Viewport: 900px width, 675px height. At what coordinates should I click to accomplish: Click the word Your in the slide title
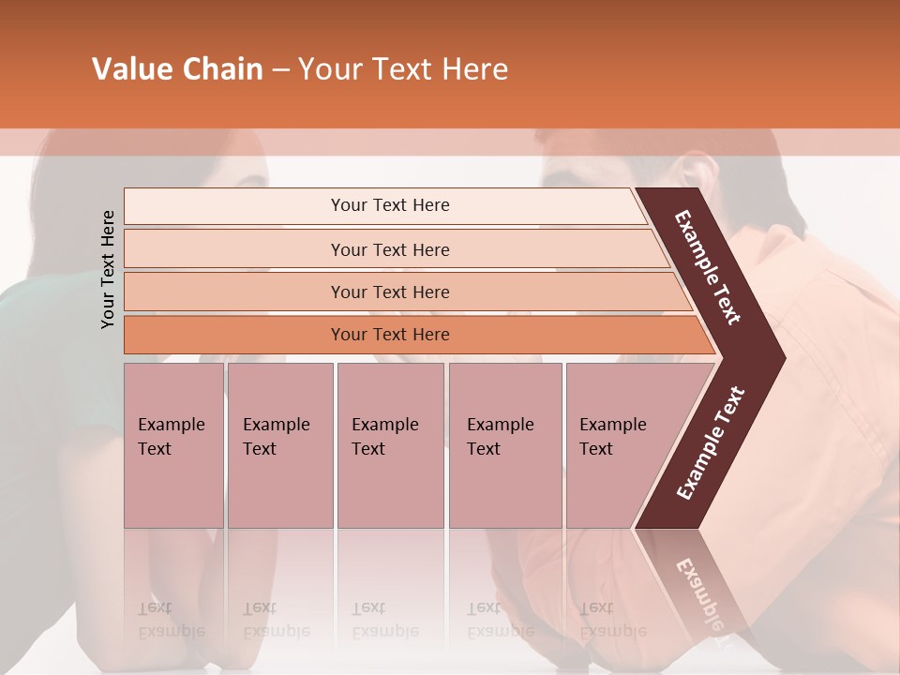click(x=327, y=69)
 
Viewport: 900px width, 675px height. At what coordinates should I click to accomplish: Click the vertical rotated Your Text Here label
click(x=108, y=270)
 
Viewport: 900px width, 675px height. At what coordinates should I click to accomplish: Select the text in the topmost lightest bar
click(x=390, y=205)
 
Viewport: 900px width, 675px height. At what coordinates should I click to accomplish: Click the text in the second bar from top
click(x=390, y=250)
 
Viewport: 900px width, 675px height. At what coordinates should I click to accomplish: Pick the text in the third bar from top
click(x=390, y=292)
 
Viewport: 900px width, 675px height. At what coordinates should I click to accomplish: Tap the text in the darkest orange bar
click(x=390, y=335)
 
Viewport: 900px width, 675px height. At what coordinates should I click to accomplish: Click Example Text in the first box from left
click(x=171, y=437)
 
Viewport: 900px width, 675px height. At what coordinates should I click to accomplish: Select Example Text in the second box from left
click(x=276, y=437)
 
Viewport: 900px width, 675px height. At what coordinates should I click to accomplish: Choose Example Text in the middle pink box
click(x=384, y=437)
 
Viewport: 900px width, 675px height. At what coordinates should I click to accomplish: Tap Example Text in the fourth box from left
click(x=500, y=437)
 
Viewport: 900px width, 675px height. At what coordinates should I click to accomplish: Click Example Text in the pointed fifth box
click(x=612, y=437)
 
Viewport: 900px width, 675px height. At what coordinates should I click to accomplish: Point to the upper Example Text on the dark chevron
click(x=708, y=267)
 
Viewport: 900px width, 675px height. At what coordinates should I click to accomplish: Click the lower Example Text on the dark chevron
click(x=711, y=443)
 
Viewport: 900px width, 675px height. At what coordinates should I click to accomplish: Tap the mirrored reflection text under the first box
click(x=171, y=620)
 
